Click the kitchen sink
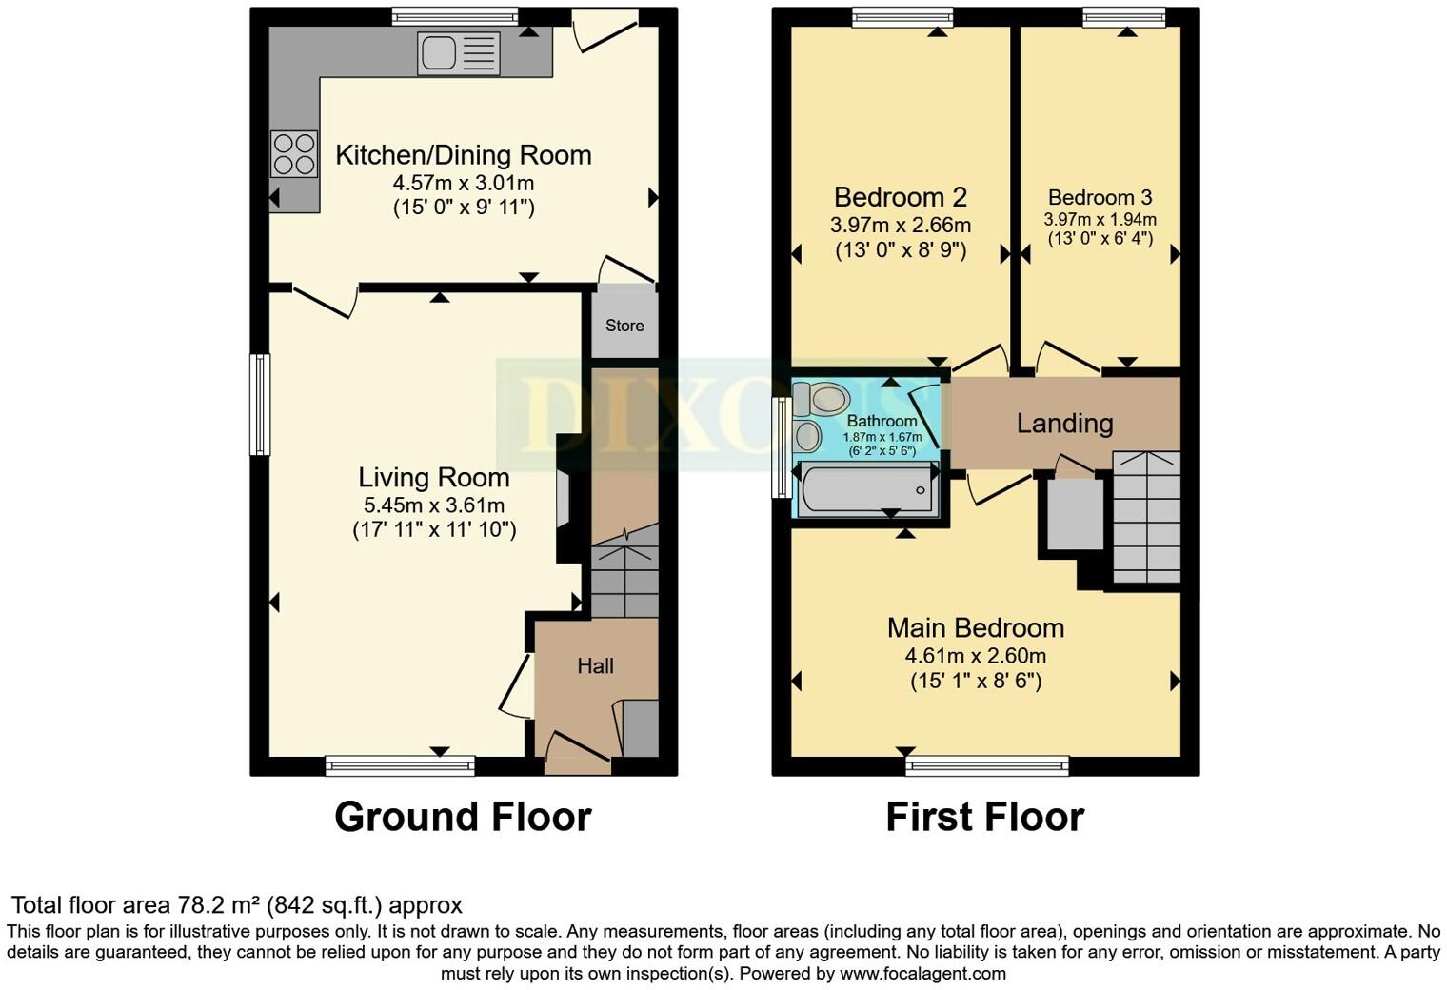pos(457,53)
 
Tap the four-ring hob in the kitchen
pos(293,154)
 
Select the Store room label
pos(624,326)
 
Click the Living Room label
pos(434,478)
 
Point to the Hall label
pos(595,666)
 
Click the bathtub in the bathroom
pos(866,489)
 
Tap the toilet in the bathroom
pos(822,399)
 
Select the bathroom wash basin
pos(807,437)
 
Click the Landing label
pos(1064,424)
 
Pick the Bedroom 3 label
pos(1100,198)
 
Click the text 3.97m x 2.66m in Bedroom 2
pos(901,226)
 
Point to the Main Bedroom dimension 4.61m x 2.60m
pos(975,656)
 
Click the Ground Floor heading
pos(463,818)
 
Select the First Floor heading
pos(984,818)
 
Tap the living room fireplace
pos(565,497)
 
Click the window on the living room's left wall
pos(260,405)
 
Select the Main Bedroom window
pos(987,765)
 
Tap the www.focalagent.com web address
pos(922,974)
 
